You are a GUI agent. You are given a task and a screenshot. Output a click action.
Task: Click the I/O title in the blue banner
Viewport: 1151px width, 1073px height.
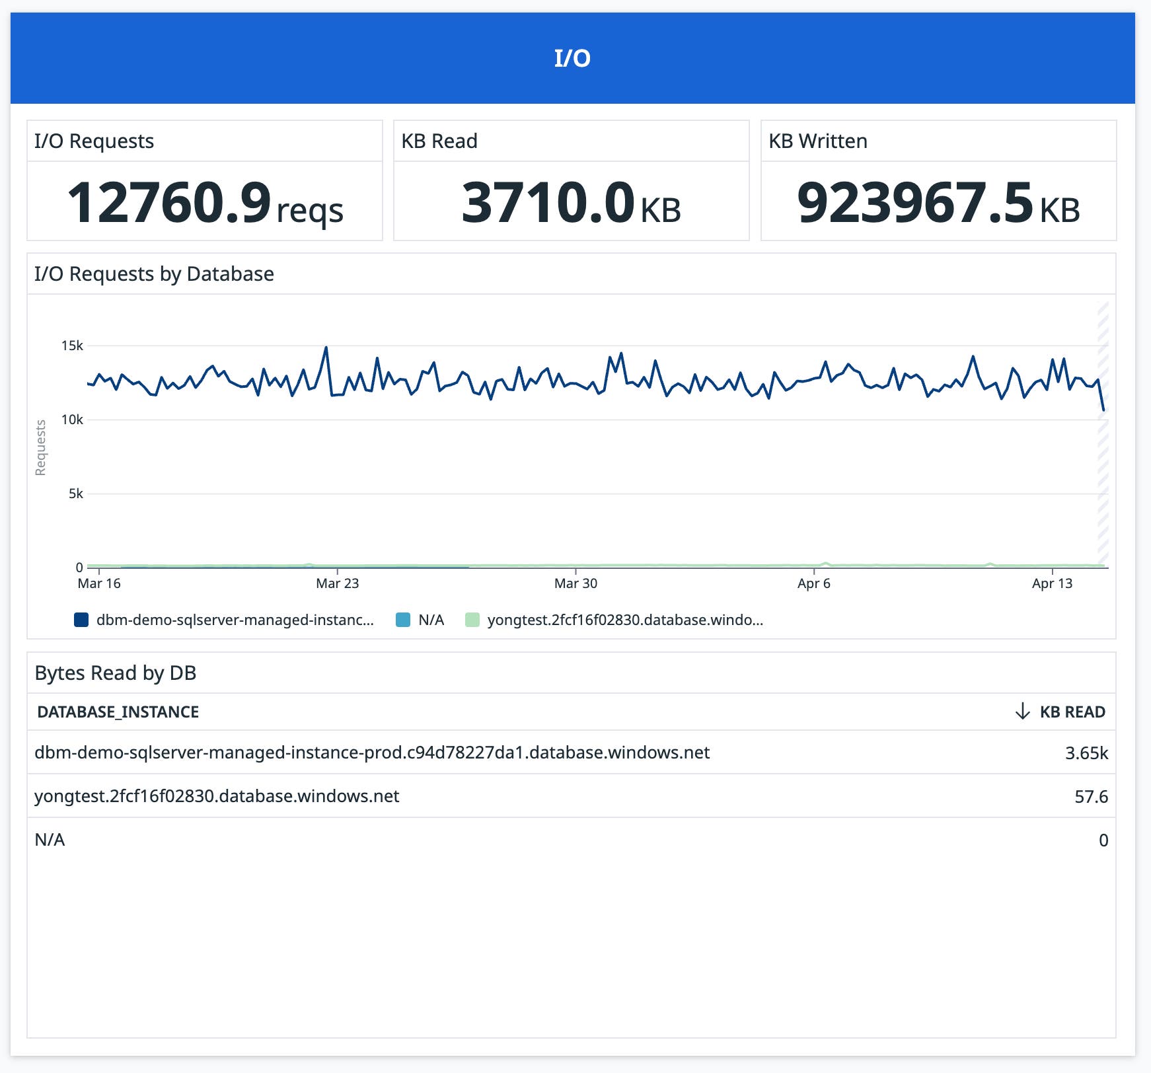tap(572, 58)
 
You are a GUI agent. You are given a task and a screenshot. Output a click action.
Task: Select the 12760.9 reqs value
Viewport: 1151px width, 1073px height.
tap(205, 203)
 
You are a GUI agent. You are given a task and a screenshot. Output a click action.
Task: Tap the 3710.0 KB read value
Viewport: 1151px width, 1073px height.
tap(571, 203)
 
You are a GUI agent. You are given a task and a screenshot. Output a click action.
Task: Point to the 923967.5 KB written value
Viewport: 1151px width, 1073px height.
tap(938, 203)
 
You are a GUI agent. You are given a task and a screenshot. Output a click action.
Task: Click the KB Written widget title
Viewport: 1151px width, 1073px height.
tap(817, 141)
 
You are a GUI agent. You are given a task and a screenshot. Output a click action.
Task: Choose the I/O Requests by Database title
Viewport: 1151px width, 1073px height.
tap(154, 274)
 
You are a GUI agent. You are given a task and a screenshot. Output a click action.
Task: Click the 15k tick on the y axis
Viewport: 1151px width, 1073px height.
tap(72, 346)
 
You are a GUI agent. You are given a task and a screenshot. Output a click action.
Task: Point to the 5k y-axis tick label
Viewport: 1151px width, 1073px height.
tap(75, 494)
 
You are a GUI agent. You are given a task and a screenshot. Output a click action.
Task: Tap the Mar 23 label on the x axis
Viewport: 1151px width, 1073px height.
tap(337, 583)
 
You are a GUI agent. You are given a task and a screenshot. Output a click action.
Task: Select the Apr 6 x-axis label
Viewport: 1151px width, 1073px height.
tap(813, 583)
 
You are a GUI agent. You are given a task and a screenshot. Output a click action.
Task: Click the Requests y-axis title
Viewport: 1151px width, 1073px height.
tap(41, 447)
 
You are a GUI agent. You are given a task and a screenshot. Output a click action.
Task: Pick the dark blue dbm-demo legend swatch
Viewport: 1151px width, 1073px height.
tap(81, 620)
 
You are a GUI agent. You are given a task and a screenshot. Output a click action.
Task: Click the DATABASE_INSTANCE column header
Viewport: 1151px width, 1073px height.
tap(118, 712)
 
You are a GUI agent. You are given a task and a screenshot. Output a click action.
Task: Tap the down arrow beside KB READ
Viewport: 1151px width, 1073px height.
tap(1022, 712)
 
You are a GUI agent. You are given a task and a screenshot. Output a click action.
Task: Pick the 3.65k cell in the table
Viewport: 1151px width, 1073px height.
tap(1086, 753)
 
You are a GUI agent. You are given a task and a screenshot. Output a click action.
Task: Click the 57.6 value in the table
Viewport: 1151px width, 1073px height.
tap(1091, 796)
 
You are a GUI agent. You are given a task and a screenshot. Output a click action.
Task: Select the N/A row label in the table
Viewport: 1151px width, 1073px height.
tap(50, 840)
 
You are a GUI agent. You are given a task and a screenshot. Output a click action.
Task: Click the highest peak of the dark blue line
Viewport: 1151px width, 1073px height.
tap(326, 348)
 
